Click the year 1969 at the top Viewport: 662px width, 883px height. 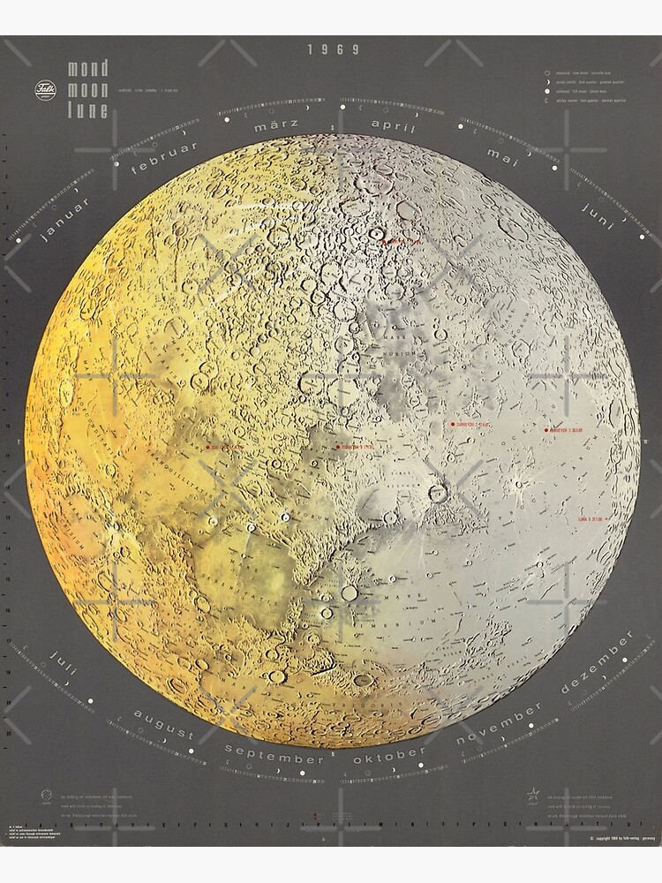pyautogui.click(x=334, y=49)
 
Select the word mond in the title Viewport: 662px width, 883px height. pyautogui.click(x=88, y=69)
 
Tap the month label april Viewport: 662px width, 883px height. pyautogui.click(x=394, y=125)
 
